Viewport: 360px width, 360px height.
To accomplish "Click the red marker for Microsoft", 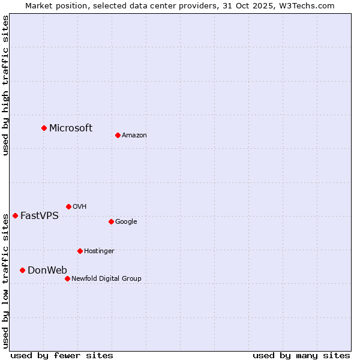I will point(44,128).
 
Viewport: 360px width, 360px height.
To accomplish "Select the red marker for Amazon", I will point(118,135).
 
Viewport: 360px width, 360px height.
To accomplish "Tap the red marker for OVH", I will point(68,206).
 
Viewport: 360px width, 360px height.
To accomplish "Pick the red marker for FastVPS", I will point(15,215).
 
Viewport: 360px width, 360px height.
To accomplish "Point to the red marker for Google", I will point(111,221).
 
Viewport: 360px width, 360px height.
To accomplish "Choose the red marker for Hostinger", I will point(80,251).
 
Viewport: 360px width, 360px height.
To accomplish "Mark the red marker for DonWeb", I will point(22,270).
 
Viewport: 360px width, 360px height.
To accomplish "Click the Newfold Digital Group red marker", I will point(67,278).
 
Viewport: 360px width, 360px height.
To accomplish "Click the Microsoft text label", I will point(71,128).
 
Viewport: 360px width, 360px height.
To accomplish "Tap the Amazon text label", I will point(134,135).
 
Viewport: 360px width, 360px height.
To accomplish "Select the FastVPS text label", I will point(40,215).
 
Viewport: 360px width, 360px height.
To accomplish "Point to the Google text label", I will point(126,221).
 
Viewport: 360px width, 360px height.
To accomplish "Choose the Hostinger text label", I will point(99,251).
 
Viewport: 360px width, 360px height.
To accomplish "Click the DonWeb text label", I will point(47,270).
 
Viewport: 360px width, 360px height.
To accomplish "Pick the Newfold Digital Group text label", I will point(106,278).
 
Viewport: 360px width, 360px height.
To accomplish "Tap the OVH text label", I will point(80,206).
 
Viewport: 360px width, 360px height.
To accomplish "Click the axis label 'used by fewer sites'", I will point(62,355).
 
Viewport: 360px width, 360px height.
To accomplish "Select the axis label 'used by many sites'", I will point(301,355).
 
